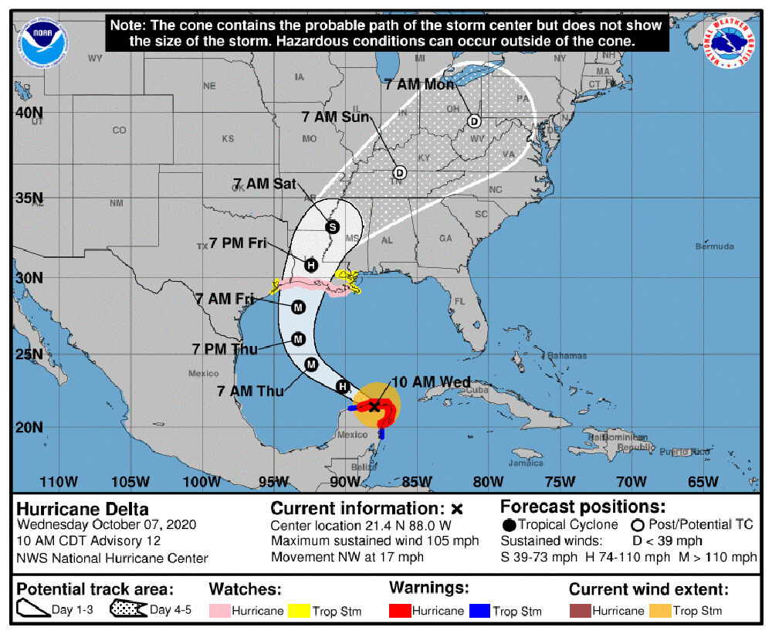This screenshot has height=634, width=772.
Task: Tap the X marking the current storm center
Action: click(x=374, y=405)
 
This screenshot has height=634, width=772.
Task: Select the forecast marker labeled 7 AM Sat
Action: click(x=332, y=227)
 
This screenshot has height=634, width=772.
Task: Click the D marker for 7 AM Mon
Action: click(x=474, y=121)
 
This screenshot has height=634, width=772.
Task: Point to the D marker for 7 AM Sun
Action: click(x=399, y=172)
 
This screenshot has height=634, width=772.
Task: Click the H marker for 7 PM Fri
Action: click(x=310, y=265)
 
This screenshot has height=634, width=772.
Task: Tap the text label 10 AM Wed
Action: click(x=431, y=383)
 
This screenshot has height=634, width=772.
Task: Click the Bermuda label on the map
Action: click(x=714, y=247)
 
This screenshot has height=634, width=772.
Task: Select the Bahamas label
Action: click(x=568, y=355)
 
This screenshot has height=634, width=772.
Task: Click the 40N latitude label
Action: click(x=30, y=113)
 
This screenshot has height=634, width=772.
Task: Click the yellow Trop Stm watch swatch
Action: click(x=298, y=611)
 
